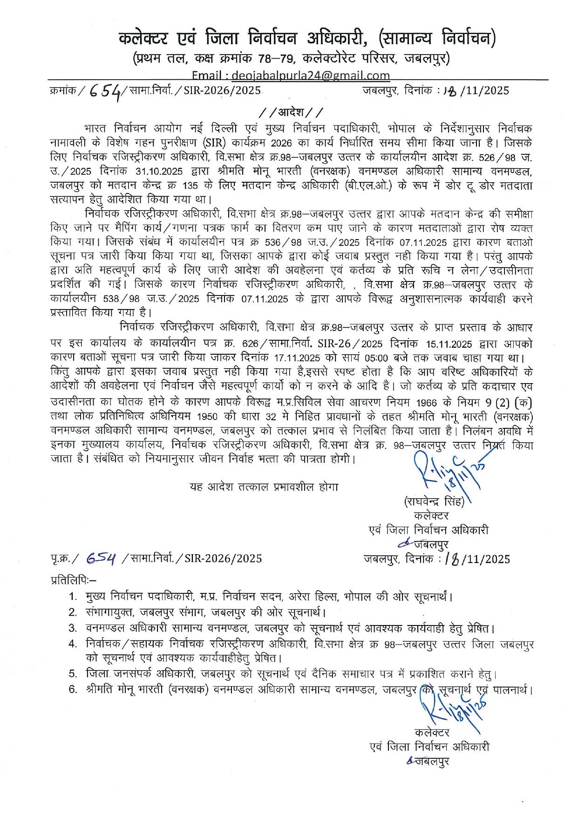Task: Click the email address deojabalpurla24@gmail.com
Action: click(x=311, y=76)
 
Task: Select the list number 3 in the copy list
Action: click(x=73, y=628)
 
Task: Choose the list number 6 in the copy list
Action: click(x=73, y=689)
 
